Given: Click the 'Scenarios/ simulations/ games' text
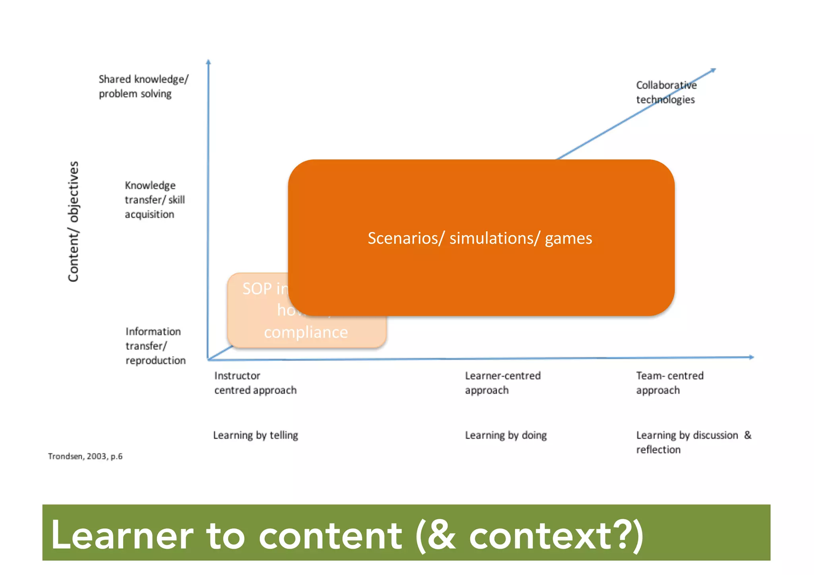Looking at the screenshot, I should pyautogui.click(x=480, y=238).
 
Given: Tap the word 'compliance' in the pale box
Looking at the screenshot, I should pyautogui.click(x=306, y=332).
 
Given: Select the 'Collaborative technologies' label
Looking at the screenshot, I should pyautogui.click(x=666, y=92).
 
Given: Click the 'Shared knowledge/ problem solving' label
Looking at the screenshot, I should pyautogui.click(x=143, y=86).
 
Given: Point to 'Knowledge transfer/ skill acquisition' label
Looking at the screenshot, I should pyautogui.click(x=154, y=200).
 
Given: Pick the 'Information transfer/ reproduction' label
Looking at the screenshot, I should pyautogui.click(x=155, y=346).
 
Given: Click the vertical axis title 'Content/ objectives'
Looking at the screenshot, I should pyautogui.click(x=74, y=221).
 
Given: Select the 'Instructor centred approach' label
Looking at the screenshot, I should pyautogui.click(x=255, y=383).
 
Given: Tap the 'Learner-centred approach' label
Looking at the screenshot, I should pyautogui.click(x=502, y=383).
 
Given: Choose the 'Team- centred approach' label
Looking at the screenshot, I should pyautogui.click(x=669, y=383).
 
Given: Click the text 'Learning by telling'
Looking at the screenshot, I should pyautogui.click(x=255, y=435).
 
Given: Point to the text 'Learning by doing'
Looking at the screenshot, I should pyautogui.click(x=506, y=435).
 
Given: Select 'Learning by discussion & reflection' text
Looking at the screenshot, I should pyautogui.click(x=693, y=442).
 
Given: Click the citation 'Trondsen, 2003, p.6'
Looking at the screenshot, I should pyautogui.click(x=85, y=456).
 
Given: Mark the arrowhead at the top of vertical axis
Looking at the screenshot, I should pyautogui.click(x=208, y=62).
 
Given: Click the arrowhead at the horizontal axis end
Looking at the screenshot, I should pyautogui.click(x=751, y=357).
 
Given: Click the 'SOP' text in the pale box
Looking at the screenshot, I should pyautogui.click(x=257, y=288).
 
